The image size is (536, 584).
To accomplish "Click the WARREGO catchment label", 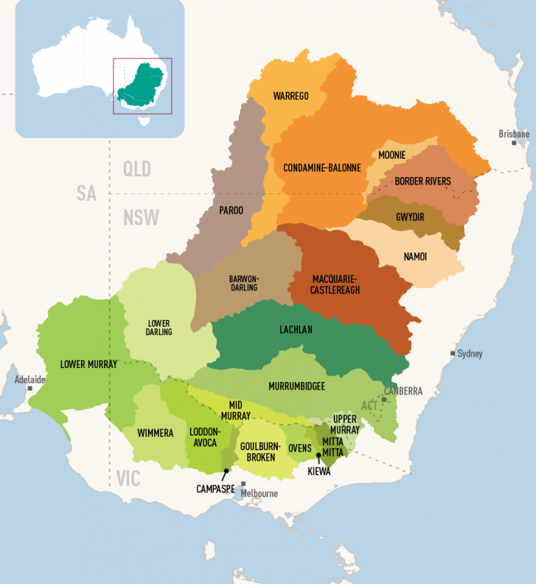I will pos(291,95).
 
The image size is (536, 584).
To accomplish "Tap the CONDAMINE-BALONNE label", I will pos(322,168).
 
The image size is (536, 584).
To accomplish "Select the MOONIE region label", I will pos(393,155).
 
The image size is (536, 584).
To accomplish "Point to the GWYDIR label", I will pos(410,217).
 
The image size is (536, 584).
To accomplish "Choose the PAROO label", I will pos(231,210).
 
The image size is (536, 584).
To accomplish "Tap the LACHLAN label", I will pos(297,330).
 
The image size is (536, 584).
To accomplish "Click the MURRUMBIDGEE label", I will pos(297,385).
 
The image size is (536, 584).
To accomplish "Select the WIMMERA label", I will pos(155,433).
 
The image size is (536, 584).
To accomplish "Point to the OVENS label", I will pos(300,448).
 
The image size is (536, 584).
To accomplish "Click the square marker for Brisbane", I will pos(514,143).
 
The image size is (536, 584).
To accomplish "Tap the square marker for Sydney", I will pos(452,354).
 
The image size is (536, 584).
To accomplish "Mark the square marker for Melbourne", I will pos(244,484).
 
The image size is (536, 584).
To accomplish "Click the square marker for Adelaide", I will pos(29,388).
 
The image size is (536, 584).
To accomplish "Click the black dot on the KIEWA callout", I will pos(318,456).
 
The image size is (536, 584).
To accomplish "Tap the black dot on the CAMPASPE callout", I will pos(226,472).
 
